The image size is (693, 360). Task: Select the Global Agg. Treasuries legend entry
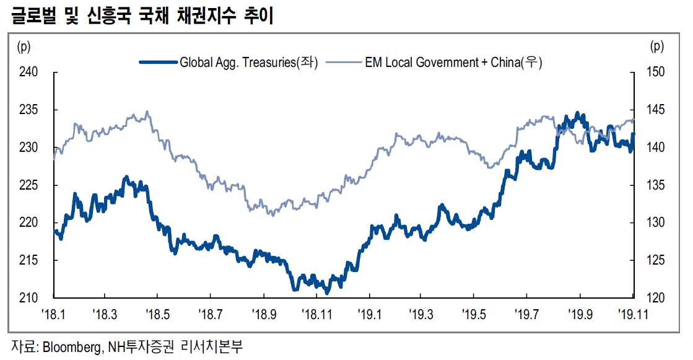(x=248, y=62)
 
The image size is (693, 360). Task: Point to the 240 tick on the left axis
(x=29, y=72)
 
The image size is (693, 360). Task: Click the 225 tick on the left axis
(x=29, y=185)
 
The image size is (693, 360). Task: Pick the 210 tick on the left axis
(x=29, y=298)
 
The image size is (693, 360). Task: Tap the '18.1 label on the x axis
(x=53, y=314)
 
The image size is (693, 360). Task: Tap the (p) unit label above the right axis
(x=658, y=46)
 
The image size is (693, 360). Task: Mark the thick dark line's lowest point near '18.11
(x=327, y=291)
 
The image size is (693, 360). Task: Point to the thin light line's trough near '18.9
(x=273, y=214)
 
